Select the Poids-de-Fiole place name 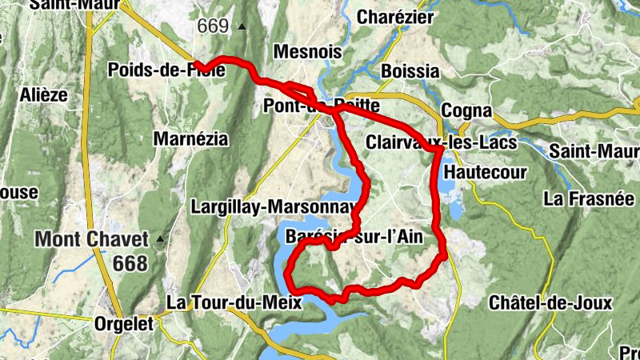pos(166,70)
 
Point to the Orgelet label pos(124,325)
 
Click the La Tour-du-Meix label pos(234,302)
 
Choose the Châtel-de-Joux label pos(550,303)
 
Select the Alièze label pos(42,94)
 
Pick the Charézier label pos(395,17)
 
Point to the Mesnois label pos(307,52)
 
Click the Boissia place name pos(410,70)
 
